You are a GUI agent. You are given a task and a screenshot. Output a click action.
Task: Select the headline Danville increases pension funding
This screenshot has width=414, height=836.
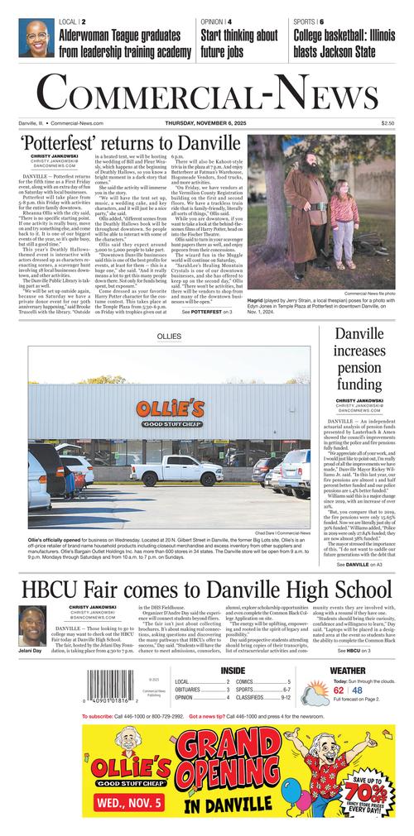(x=359, y=360)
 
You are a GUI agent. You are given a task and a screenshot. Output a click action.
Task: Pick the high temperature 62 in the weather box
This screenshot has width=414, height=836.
(x=339, y=690)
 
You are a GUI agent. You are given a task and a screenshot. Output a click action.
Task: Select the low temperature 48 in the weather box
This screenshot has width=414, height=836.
(x=357, y=690)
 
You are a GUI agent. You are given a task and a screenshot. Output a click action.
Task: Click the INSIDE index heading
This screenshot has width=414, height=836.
(x=233, y=670)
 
